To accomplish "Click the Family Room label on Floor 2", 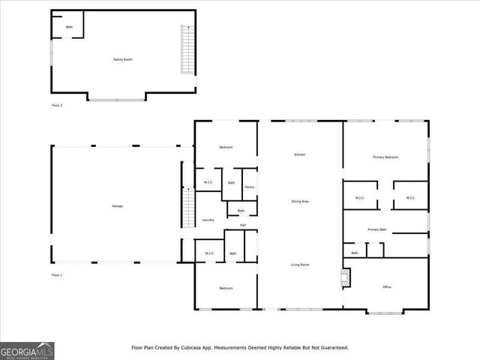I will pyautogui.click(x=122, y=59).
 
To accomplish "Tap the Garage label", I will pyautogui.click(x=118, y=206).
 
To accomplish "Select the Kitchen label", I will pyautogui.click(x=299, y=154).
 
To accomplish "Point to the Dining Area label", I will pyautogui.click(x=301, y=202).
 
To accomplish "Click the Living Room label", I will pyautogui.click(x=301, y=265).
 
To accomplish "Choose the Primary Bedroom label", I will pyautogui.click(x=385, y=157).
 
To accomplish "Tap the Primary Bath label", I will pyautogui.click(x=377, y=229).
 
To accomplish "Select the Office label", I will pyautogui.click(x=387, y=286).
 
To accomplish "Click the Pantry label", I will pyautogui.click(x=250, y=187).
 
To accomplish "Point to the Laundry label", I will pyautogui.click(x=208, y=220).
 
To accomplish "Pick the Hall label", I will pyautogui.click(x=243, y=225).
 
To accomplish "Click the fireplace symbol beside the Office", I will pyautogui.click(x=345, y=277).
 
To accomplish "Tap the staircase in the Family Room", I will pyautogui.click(x=186, y=49).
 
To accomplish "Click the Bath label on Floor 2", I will pyautogui.click(x=69, y=27).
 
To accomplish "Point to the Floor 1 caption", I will pyautogui.click(x=57, y=276).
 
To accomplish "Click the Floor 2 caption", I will pyautogui.click(x=57, y=106).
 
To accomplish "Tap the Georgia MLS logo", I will pyautogui.click(x=27, y=350).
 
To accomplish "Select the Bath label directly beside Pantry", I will pyautogui.click(x=232, y=183).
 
